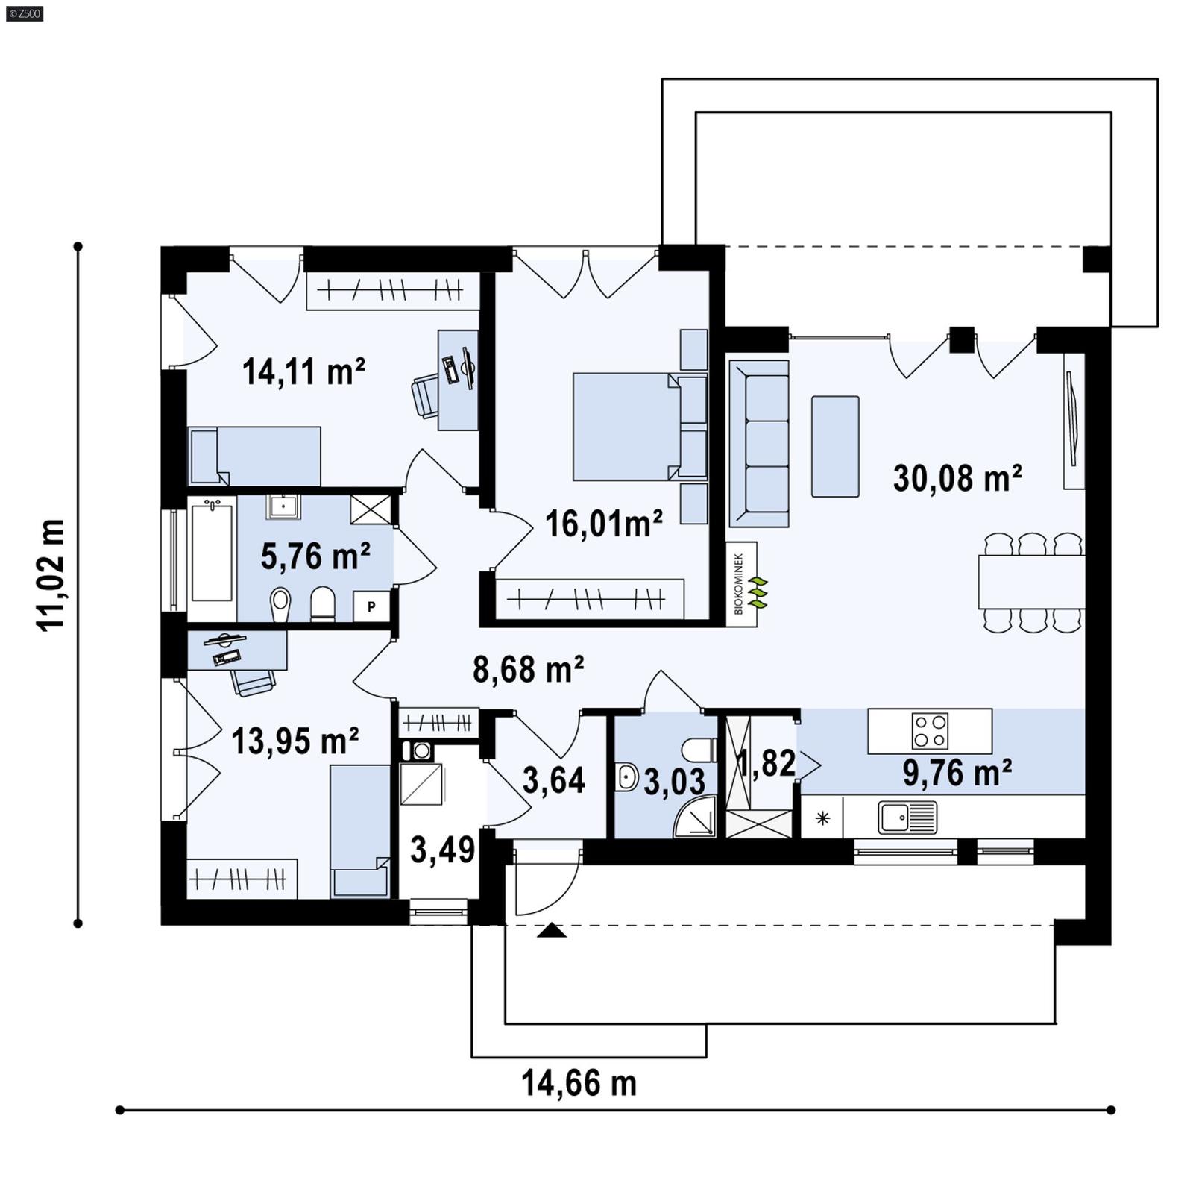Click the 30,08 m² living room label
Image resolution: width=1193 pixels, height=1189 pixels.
click(x=957, y=478)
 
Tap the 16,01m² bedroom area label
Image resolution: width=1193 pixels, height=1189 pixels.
click(x=603, y=524)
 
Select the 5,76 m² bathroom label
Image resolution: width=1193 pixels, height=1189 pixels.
click(x=315, y=556)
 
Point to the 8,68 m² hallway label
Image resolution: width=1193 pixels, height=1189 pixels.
click(x=528, y=669)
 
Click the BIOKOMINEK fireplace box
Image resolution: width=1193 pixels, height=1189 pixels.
click(x=741, y=584)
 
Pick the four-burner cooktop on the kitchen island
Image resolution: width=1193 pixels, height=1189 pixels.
click(x=930, y=731)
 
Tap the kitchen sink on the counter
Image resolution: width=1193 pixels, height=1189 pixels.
click(x=907, y=817)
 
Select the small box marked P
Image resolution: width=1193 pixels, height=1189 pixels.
click(x=371, y=606)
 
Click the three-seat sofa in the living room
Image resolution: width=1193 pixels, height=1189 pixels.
click(x=758, y=444)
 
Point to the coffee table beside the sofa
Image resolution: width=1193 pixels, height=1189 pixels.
click(x=834, y=446)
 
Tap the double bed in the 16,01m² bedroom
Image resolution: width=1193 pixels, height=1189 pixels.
click(x=626, y=427)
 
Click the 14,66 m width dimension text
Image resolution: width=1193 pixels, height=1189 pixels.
click(x=579, y=1083)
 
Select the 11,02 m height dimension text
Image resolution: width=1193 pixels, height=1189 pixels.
click(x=52, y=575)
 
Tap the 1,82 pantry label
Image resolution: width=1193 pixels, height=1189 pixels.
click(x=766, y=763)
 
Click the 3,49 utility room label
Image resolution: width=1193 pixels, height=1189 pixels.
click(x=442, y=850)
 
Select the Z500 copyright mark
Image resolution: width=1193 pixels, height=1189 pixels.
click(x=24, y=13)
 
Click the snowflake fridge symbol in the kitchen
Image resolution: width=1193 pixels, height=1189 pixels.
click(x=822, y=818)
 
